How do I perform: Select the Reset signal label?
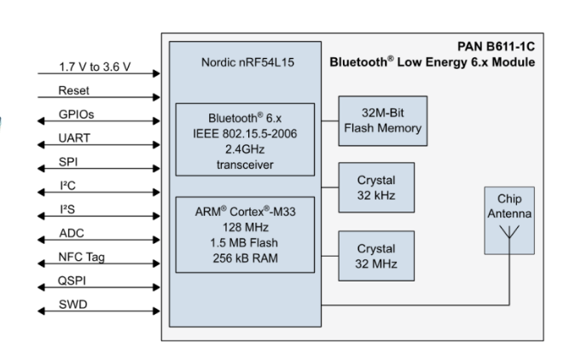pos(70,90)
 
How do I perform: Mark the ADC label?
pos(71,232)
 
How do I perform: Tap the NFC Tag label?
pos(81,256)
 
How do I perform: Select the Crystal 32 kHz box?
pos(376,187)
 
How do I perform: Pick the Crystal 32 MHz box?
pos(376,255)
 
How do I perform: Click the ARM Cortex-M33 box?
pos(245,235)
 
